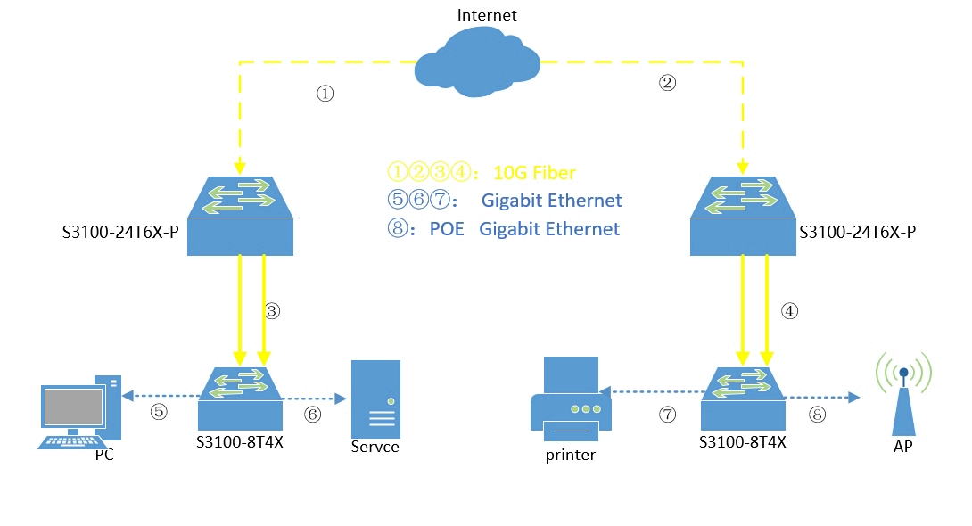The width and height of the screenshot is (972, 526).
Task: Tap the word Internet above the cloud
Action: [486, 15]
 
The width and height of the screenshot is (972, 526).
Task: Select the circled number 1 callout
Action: [325, 95]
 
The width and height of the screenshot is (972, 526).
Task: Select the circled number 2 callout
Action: [668, 84]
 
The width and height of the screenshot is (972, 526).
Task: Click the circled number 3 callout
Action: [273, 311]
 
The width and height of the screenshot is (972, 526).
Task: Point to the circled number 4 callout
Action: [788, 312]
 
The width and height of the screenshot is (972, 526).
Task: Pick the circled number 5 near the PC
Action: [158, 412]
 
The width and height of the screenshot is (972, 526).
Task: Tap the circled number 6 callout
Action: [312, 414]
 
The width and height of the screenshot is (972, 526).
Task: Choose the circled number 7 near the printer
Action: [667, 414]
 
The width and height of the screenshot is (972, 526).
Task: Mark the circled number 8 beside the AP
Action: [818, 414]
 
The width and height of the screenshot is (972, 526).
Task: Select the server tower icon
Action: [375, 398]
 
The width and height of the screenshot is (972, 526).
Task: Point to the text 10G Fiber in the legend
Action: [534, 173]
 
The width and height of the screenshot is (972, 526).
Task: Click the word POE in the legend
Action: [447, 229]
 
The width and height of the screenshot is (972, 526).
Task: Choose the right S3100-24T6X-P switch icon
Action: [744, 215]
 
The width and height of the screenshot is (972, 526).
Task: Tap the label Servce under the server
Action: [375, 447]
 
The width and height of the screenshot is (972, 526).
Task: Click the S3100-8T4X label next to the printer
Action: [743, 440]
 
